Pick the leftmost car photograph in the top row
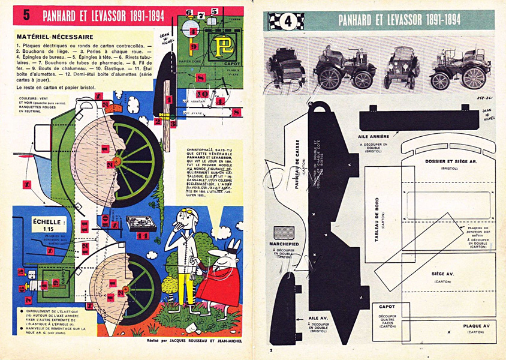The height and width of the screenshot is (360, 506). tap(287, 67)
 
